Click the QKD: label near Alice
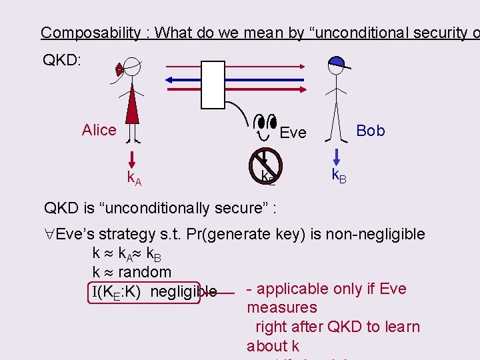click(x=62, y=61)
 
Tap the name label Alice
click(x=99, y=130)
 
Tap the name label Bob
click(x=371, y=131)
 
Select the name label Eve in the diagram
click(x=293, y=133)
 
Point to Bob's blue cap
click(x=337, y=63)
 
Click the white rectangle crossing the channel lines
click(x=213, y=84)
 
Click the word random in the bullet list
click(x=145, y=272)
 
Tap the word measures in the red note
click(x=281, y=307)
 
